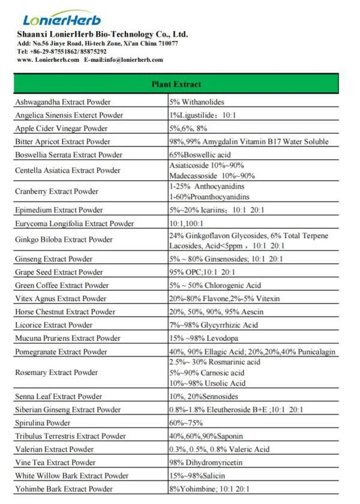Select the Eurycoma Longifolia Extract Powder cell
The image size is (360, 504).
pyautogui.click(x=74, y=224)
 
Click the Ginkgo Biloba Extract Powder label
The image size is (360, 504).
pyautogui.click(x=64, y=240)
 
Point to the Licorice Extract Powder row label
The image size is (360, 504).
pyautogui.click(x=54, y=325)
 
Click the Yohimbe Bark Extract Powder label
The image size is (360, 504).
pyautogui.click(x=64, y=489)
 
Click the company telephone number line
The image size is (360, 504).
pyautogui.click(x=62, y=52)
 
